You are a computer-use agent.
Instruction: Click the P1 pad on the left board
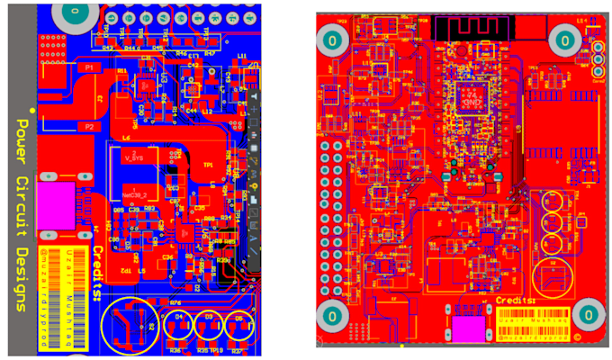(88, 67)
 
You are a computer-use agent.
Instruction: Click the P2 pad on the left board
(88, 128)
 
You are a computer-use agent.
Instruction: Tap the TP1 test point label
(209, 166)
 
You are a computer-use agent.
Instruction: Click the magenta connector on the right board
(468, 330)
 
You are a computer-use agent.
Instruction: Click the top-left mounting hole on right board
(331, 40)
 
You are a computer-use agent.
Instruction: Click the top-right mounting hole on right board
(564, 40)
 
